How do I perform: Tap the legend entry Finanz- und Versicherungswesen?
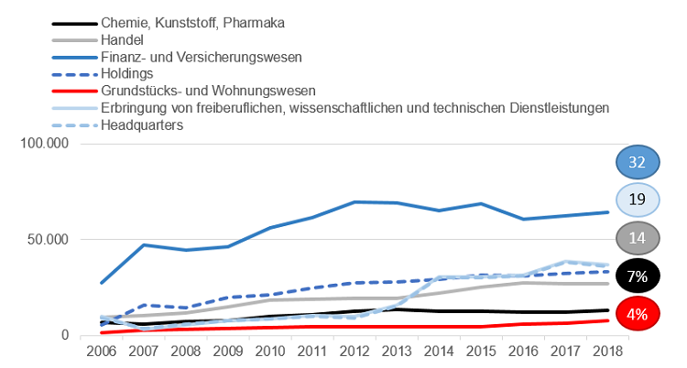pos(213,57)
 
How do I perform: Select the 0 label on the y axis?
pos(66,335)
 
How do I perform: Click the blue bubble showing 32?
pos(638,163)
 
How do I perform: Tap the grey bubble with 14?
pos(638,238)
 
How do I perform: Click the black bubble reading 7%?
pos(638,276)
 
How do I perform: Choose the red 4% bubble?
pos(638,314)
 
